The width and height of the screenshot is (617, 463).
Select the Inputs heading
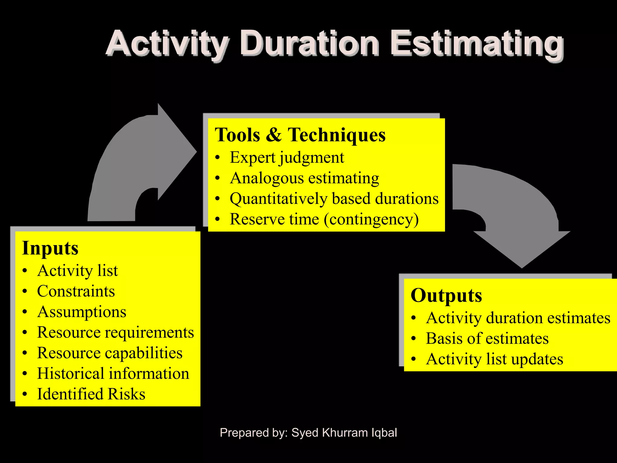pyautogui.click(x=50, y=248)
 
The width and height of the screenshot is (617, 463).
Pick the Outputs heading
pyautogui.click(x=446, y=295)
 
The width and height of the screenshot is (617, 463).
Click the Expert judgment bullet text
pyautogui.click(x=287, y=158)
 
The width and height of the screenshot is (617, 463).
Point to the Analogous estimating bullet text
pyautogui.click(x=304, y=178)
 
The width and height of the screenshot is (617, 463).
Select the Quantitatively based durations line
pyautogui.click(x=334, y=199)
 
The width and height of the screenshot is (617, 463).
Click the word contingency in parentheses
pyautogui.click(x=371, y=219)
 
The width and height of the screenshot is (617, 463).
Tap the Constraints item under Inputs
pyautogui.click(x=76, y=291)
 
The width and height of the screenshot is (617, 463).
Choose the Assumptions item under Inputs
pyautogui.click(x=82, y=312)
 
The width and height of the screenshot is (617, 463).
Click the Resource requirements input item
pyautogui.click(x=115, y=332)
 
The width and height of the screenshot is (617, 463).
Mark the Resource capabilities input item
pyautogui.click(x=110, y=353)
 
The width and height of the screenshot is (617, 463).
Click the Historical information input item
pyautogui.click(x=113, y=373)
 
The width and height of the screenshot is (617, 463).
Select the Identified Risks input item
pyautogui.click(x=91, y=394)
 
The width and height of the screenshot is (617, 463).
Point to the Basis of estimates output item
pyautogui.click(x=487, y=339)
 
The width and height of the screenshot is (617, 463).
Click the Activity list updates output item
pyautogui.click(x=494, y=359)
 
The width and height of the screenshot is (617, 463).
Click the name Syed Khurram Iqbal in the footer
pyautogui.click(x=344, y=433)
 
